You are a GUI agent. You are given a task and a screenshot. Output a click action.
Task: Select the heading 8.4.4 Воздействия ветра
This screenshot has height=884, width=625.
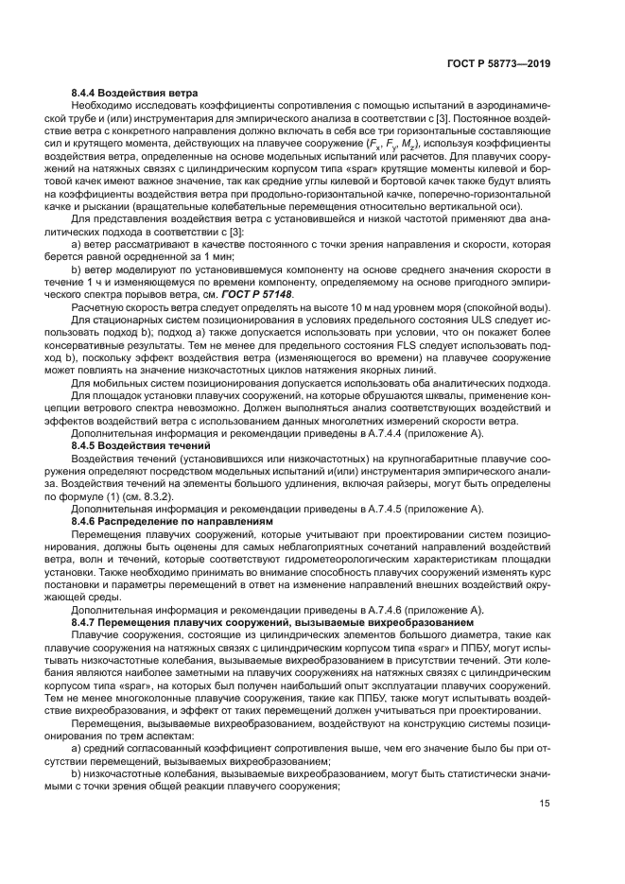point(134,93)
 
